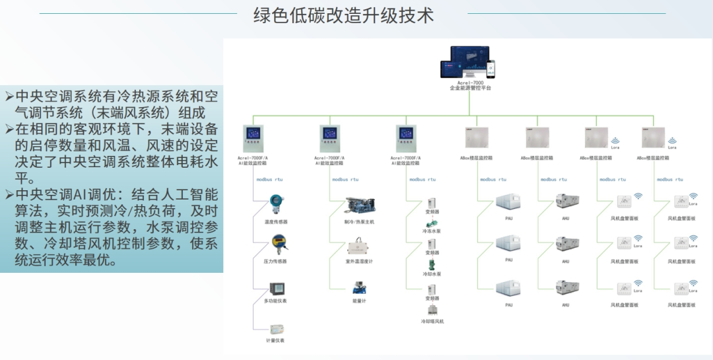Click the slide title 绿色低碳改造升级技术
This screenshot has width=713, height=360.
343,15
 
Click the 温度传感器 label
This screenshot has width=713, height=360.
275,222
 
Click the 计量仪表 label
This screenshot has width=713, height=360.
275,340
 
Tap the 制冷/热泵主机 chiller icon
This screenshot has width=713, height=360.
359,205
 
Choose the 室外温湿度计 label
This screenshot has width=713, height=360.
359,262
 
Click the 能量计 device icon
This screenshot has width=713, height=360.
359,288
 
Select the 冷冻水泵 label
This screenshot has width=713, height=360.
432,231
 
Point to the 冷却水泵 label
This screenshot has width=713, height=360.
432,273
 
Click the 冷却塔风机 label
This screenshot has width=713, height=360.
432,321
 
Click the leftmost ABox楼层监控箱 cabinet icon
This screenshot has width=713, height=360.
477,137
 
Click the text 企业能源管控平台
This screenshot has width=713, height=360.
470,88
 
